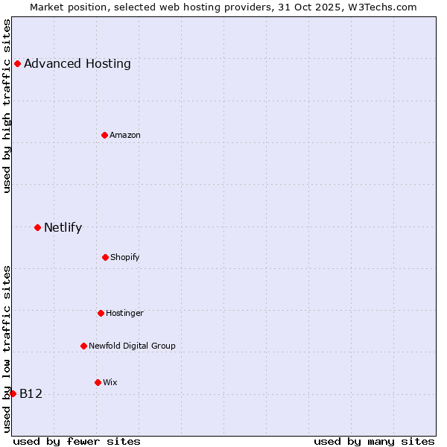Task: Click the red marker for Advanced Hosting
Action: coord(17,63)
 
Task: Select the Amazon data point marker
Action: coord(104,135)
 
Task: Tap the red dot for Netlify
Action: coord(37,227)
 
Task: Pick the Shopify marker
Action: coord(105,257)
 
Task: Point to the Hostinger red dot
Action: coord(101,313)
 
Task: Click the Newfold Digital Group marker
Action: coord(83,346)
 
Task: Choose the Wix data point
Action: coord(98,382)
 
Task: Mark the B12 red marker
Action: coord(13,393)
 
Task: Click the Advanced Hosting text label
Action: coord(77,63)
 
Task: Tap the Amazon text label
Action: coord(125,135)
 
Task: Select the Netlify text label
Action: coord(63,227)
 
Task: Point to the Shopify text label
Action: coord(125,257)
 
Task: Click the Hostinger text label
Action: coord(124,313)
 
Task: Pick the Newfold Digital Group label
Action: coord(132,346)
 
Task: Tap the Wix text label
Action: coord(110,382)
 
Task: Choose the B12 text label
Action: coord(31,393)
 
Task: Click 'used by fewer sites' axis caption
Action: coord(77,441)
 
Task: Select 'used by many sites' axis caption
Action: coord(374,441)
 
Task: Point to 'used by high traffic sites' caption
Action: coord(7,106)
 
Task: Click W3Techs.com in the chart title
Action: coord(379,7)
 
